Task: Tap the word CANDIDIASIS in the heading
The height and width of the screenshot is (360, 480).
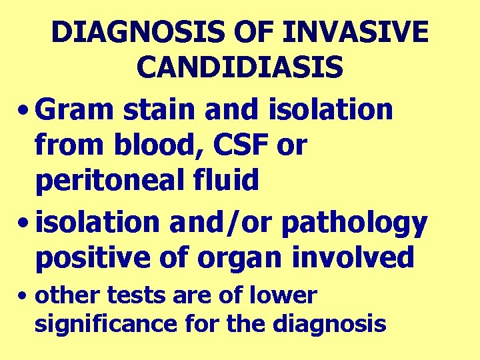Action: point(240,67)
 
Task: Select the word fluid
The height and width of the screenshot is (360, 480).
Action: point(224,180)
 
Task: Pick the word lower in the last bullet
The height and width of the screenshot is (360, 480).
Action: point(285,295)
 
